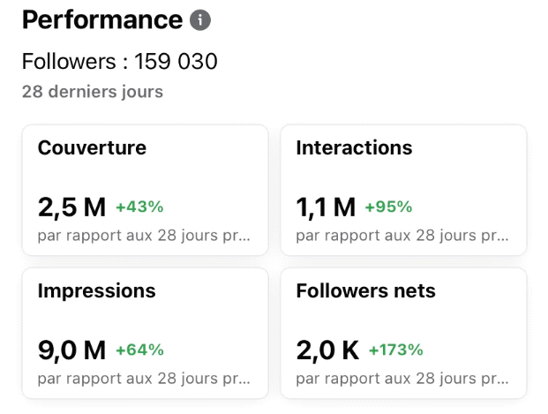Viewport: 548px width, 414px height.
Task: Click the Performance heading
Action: point(101,19)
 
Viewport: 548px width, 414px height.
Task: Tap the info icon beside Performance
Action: point(201,19)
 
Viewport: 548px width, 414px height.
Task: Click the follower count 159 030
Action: point(176,62)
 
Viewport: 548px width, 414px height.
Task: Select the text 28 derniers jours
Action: point(93,92)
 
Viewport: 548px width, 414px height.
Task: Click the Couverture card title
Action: point(92,147)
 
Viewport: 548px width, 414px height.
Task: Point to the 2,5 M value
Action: point(71,207)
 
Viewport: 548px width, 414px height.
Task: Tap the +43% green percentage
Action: point(139,207)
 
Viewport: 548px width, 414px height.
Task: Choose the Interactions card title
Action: point(354,147)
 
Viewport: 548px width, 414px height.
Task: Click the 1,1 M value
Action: point(326,207)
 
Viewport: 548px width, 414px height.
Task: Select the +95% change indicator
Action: point(388,207)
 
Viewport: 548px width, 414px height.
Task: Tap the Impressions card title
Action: point(96,290)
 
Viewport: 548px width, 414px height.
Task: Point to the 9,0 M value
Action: point(71,350)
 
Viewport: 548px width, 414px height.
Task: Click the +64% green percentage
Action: point(139,350)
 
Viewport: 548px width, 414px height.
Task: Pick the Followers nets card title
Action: point(365,290)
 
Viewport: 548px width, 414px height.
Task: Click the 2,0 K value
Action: point(327,350)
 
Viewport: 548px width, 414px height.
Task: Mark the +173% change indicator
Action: point(395,350)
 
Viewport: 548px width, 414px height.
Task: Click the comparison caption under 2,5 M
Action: point(144,236)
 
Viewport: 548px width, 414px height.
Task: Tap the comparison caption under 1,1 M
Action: point(402,236)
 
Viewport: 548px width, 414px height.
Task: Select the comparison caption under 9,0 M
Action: point(144,379)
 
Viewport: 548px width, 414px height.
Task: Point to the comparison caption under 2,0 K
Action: point(402,379)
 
